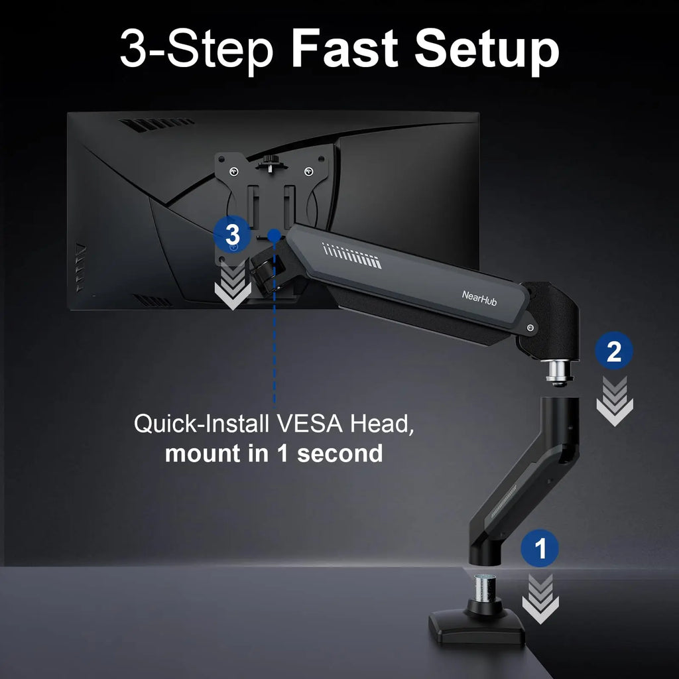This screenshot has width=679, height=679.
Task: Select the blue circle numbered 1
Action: point(540,549)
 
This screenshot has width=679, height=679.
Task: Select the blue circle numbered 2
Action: point(614,351)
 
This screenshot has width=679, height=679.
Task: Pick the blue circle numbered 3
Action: point(232,234)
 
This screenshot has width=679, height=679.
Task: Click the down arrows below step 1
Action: point(540,598)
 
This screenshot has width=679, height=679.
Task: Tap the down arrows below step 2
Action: point(614,401)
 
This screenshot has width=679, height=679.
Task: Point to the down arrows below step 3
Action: point(232,284)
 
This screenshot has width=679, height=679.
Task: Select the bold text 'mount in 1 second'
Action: point(273,454)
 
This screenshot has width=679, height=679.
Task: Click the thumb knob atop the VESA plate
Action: point(270,162)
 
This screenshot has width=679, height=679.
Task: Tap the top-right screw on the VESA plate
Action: point(308,174)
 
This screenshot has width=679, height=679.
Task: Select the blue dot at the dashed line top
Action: point(273,234)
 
